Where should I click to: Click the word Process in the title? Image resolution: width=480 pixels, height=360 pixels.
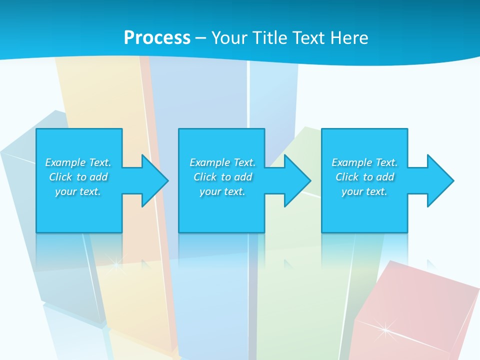pos(157,38)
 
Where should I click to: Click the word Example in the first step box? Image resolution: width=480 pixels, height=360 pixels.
pos(65,162)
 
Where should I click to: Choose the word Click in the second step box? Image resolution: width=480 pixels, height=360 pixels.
pos(205,177)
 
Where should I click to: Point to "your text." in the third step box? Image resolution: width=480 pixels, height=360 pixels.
pos(364,191)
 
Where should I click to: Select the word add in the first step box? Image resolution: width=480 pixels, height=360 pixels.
pos(99,177)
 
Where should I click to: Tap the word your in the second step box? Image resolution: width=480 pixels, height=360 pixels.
pos(210,191)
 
